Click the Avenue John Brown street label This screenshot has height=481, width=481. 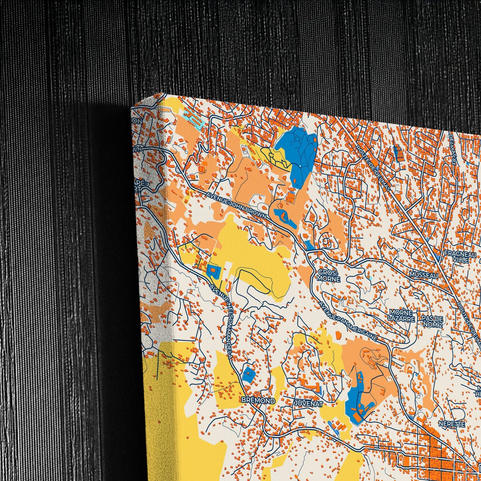coord(236,206)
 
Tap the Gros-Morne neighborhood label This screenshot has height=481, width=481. coord(328,276)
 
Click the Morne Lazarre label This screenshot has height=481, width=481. coord(402,316)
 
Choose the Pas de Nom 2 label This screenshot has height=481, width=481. coord(432,321)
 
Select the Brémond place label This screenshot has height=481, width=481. coord(259,401)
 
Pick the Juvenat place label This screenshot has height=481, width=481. coord(308,404)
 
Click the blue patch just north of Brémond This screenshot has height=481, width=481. coord(249,375)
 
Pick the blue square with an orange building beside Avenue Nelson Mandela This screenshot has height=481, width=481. coord(212,271)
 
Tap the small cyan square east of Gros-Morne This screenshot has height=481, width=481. coord(371,277)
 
